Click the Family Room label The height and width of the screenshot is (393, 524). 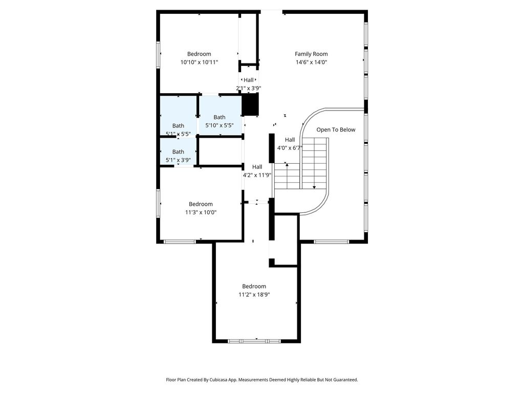[x=311, y=54]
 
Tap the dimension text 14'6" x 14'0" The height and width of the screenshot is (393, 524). [x=311, y=62]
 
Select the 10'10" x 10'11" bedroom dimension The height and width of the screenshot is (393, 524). [x=199, y=62]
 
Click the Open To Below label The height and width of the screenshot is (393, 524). [x=336, y=129]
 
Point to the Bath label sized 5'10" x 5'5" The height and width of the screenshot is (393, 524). [x=219, y=117]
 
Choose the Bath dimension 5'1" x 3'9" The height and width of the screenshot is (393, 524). [x=178, y=160]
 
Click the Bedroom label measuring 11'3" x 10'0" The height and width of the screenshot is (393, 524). [x=201, y=204]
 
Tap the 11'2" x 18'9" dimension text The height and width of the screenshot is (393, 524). [x=254, y=295]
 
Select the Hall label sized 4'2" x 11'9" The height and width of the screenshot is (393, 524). [x=257, y=167]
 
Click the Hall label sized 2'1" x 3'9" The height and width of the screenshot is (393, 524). [x=249, y=80]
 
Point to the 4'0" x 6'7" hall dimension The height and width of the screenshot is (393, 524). [x=290, y=148]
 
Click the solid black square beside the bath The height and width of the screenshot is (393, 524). [x=250, y=104]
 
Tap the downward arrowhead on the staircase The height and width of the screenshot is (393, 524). [x=314, y=187]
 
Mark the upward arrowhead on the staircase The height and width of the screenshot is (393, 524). [x=287, y=165]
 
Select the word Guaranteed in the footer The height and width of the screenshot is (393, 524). [x=346, y=380]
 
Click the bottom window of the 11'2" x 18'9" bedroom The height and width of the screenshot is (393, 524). [x=254, y=341]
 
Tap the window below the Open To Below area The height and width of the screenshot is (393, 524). [x=331, y=242]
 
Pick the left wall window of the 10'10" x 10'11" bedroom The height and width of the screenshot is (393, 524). [x=159, y=55]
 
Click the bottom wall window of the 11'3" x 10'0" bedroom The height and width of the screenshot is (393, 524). [x=180, y=242]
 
